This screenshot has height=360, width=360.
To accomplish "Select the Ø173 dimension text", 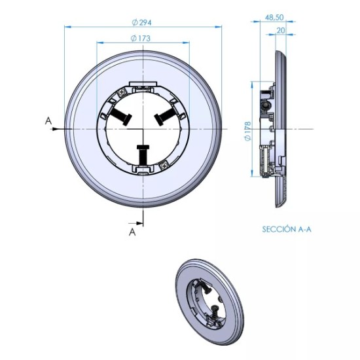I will [x=141, y=39].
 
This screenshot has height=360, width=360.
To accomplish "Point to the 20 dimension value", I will [x=280, y=30].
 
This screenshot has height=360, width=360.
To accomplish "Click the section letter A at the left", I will [x=48, y=120].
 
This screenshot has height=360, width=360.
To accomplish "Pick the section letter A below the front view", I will [x=132, y=232].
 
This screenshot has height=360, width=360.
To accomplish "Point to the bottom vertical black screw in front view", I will [x=142, y=154].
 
